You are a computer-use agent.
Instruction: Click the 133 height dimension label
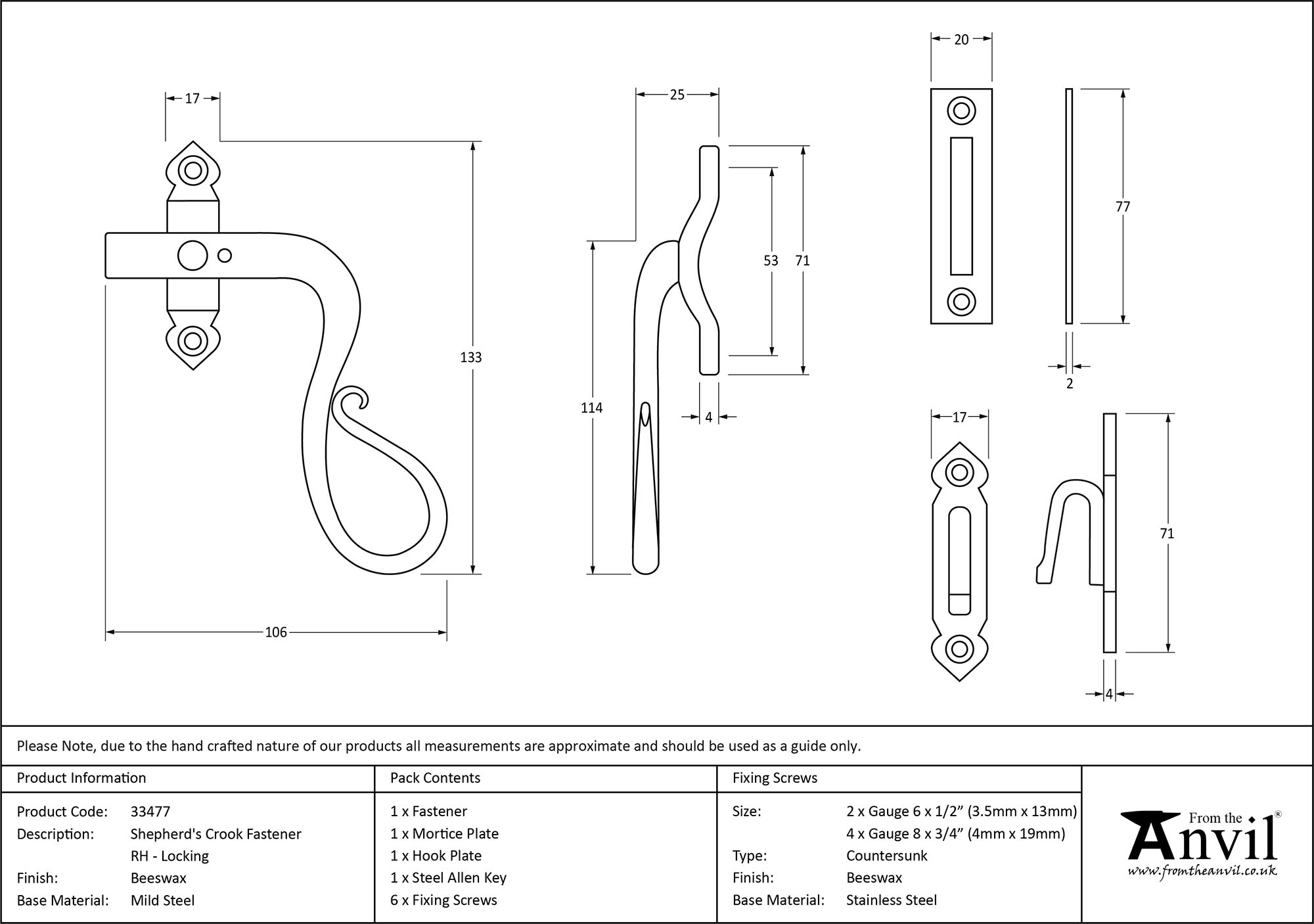tap(470, 358)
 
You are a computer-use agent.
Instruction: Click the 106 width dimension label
tap(276, 632)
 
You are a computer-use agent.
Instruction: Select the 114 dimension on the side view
tap(591, 408)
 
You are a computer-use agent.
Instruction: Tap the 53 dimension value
tap(771, 261)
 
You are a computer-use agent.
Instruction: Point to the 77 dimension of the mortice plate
tap(1123, 207)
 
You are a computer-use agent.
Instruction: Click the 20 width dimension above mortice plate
tap(961, 39)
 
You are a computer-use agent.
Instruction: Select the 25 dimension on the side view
tap(677, 95)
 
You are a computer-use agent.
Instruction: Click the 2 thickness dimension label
tap(1070, 384)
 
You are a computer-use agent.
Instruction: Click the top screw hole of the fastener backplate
tap(193, 171)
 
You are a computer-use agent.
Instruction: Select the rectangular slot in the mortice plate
tap(961, 206)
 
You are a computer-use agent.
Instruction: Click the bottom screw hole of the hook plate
tap(959, 649)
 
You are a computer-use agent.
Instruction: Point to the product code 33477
tap(150, 812)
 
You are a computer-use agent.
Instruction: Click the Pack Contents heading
tap(435, 778)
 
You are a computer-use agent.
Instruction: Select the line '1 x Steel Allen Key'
tap(448, 878)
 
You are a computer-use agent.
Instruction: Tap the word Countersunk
tap(886, 856)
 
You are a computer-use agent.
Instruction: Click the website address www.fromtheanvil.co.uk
tap(1202, 871)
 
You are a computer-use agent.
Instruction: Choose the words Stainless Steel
tap(891, 900)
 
